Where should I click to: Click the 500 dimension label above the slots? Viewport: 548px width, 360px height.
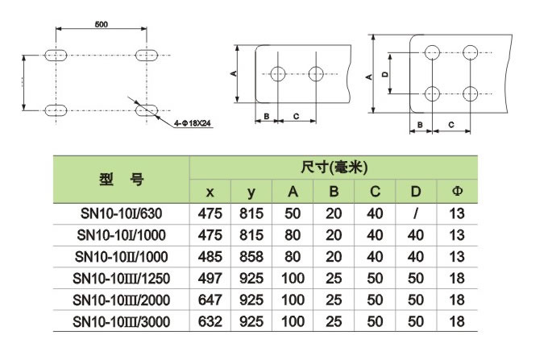(101, 25)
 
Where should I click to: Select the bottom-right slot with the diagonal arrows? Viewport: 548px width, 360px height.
(147, 109)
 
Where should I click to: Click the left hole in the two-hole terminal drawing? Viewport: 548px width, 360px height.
(279, 75)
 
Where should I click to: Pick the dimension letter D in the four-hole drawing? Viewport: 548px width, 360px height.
(385, 74)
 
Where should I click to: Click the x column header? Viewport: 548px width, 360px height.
(210, 192)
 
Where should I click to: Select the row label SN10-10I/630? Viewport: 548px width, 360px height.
(121, 214)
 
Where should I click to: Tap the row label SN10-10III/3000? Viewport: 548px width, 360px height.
(121, 321)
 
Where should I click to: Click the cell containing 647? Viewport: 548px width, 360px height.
(210, 300)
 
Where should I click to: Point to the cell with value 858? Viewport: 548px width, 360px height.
(251, 257)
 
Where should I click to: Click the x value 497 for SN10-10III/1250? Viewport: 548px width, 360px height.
(210, 279)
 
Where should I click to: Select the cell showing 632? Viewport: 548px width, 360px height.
(210, 321)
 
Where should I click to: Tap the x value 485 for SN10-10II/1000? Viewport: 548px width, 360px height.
(210, 257)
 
